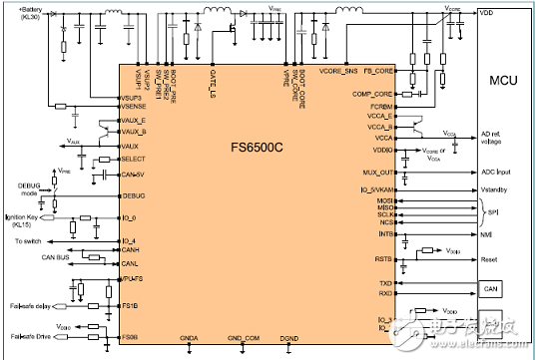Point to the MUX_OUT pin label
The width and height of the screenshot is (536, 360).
click(380, 173)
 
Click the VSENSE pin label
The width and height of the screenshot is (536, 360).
click(135, 106)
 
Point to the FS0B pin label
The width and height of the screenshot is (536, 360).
click(130, 338)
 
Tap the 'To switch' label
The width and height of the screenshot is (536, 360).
click(31, 240)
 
